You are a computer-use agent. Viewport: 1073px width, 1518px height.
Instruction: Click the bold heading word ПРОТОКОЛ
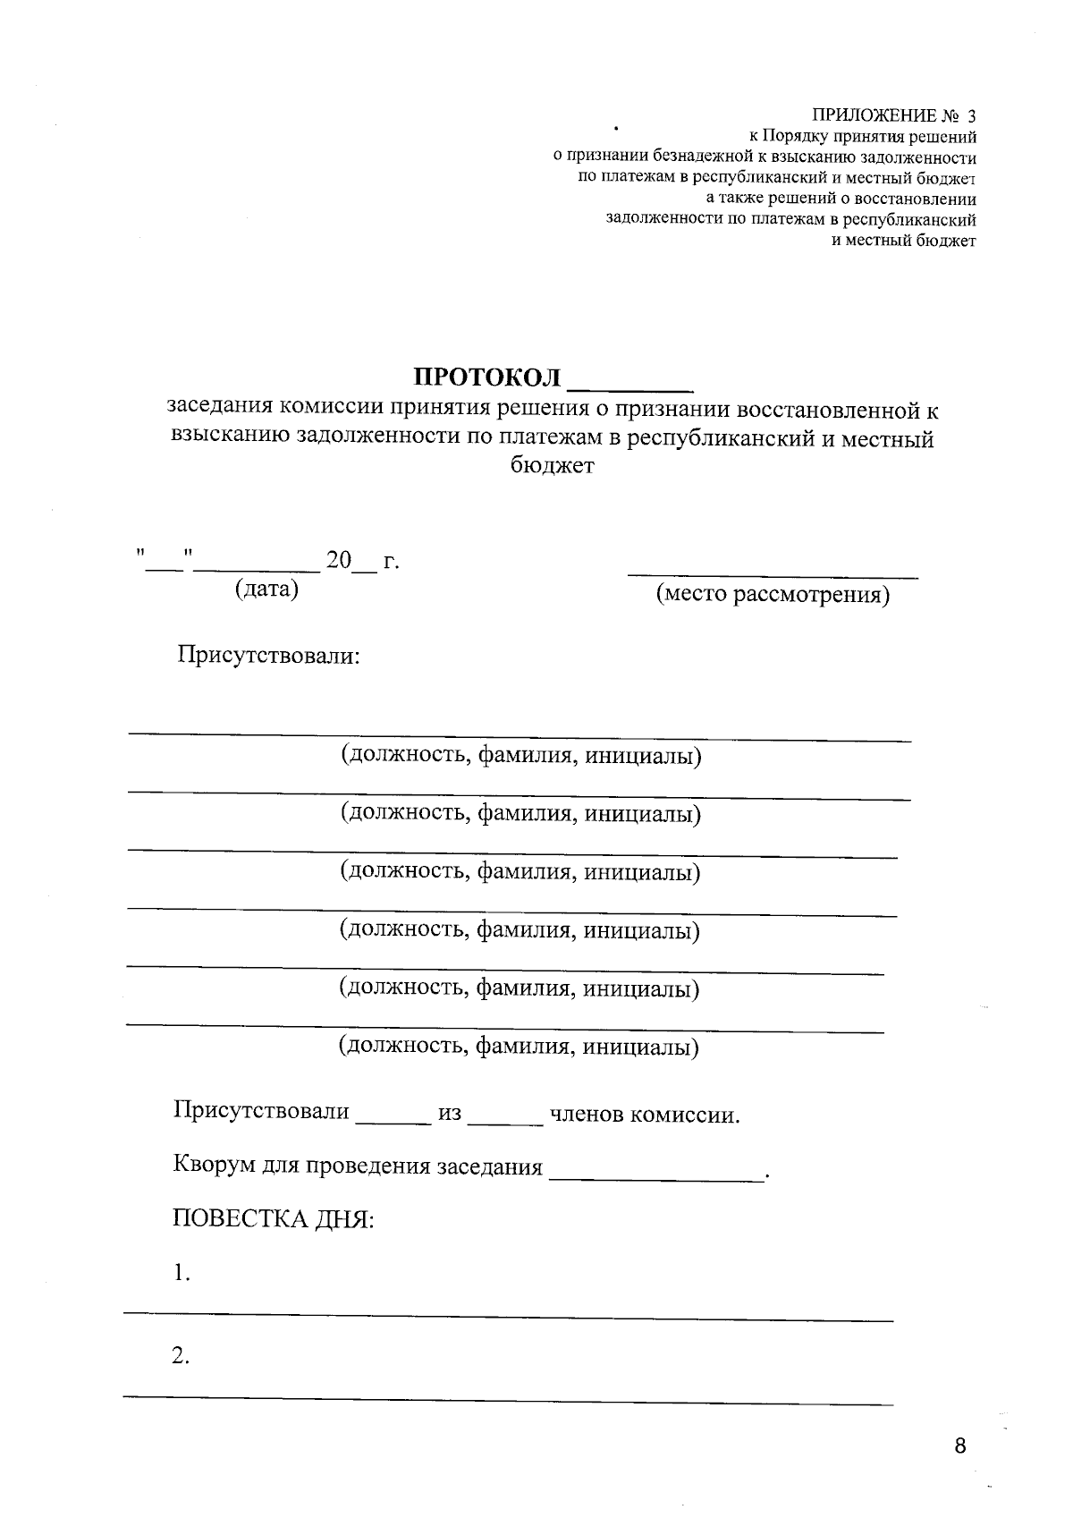pos(486,377)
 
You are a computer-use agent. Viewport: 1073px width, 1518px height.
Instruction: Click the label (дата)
pos(266,589)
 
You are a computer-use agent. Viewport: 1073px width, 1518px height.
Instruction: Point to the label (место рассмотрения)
pos(773,595)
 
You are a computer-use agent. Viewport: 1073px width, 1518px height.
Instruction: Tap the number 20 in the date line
pos(339,562)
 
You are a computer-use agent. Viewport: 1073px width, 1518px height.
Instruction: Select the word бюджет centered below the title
pos(552,466)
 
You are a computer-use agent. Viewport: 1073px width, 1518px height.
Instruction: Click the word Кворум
pos(212,1166)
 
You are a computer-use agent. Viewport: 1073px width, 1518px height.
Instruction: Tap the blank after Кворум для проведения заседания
pos(656,1177)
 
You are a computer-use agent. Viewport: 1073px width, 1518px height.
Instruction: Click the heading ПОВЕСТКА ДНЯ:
pos(273,1219)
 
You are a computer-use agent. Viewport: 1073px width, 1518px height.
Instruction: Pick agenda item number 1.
pos(182,1273)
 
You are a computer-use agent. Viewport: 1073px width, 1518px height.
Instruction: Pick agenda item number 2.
pos(182,1356)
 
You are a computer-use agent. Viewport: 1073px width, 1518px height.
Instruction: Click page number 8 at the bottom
pos(960,1446)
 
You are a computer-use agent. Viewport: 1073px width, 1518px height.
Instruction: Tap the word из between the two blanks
pos(449,1114)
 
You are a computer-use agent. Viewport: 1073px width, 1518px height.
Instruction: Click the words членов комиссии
pos(645,1115)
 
